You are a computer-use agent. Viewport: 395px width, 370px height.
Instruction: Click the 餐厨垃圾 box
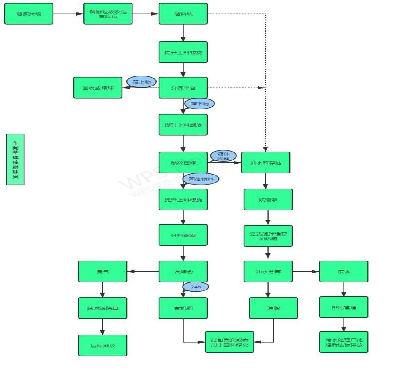point(29,14)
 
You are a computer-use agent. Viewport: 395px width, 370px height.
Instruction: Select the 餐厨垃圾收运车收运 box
point(108,14)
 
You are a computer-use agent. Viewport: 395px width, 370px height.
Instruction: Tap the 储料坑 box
point(183,14)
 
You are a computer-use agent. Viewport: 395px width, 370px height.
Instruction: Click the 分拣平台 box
point(183,88)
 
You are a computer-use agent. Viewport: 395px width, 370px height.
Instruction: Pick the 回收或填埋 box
point(98,88)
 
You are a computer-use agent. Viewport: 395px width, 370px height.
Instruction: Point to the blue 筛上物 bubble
point(141,82)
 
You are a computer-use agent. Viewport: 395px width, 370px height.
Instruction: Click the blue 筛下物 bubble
point(199,104)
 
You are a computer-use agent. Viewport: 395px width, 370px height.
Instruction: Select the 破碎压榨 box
point(183,162)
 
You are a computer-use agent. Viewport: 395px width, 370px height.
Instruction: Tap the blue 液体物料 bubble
point(223,156)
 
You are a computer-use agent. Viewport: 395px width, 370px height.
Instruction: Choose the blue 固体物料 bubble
point(201,179)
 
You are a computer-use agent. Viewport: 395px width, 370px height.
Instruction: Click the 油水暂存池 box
point(265,162)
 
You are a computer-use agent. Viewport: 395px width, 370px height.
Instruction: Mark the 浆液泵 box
point(268,199)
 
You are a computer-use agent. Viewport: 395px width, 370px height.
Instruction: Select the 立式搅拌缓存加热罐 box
point(268,236)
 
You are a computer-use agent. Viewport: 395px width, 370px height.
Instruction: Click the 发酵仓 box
point(183,271)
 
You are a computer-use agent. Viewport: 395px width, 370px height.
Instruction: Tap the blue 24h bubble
point(196,286)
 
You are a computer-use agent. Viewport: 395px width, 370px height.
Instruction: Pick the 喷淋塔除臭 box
point(102,308)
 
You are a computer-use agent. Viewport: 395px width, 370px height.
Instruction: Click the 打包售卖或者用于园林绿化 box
point(229,342)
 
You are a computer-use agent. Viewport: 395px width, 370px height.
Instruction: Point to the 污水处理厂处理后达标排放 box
point(344,342)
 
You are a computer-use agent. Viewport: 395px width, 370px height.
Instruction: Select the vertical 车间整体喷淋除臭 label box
point(16,159)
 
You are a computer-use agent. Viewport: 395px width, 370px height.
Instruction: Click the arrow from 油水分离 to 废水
point(306,271)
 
